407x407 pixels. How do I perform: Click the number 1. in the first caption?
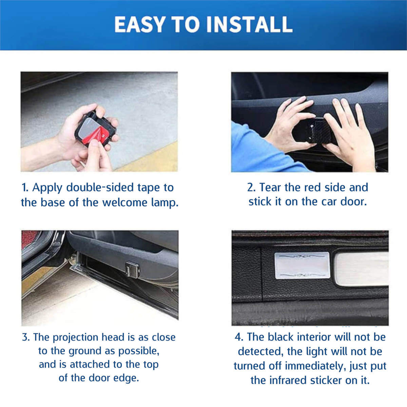coord(25,188)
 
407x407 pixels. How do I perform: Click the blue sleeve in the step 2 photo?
coord(251,149)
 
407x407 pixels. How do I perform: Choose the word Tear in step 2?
coord(270,188)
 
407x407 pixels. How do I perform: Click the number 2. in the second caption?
coord(251,188)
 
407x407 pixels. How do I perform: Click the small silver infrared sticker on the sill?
coord(302,266)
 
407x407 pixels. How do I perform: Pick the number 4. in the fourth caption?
coord(239,337)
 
